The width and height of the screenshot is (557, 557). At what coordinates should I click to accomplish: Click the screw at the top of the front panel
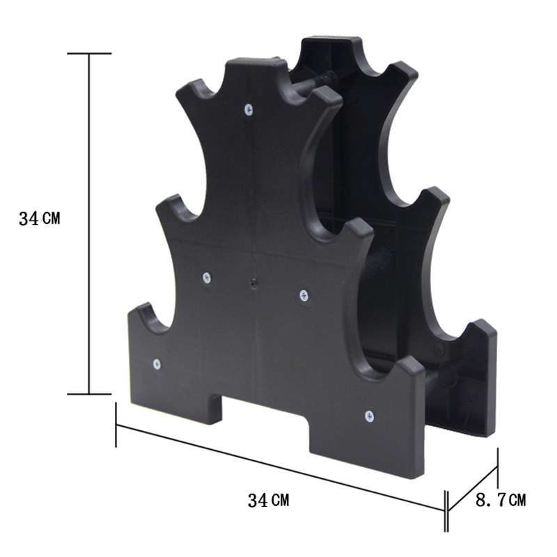coord(249,109)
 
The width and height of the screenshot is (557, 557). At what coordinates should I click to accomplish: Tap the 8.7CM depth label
coord(500,499)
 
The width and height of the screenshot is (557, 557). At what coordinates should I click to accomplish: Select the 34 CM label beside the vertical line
coord(40,219)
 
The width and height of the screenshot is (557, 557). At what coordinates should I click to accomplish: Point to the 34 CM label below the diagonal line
coord(268,499)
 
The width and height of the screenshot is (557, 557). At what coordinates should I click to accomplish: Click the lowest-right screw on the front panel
coord(369,416)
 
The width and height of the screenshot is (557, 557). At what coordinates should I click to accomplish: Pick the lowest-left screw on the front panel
coord(156,363)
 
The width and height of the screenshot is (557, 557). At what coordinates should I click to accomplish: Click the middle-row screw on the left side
coord(207,278)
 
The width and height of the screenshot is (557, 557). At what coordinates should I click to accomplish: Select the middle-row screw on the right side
coord(304,296)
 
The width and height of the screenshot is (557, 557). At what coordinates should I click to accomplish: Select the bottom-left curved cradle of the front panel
coord(150,320)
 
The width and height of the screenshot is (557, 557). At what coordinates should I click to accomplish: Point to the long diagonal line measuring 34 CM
coord(278,466)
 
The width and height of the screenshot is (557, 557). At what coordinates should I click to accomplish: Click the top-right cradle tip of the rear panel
coord(404,70)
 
